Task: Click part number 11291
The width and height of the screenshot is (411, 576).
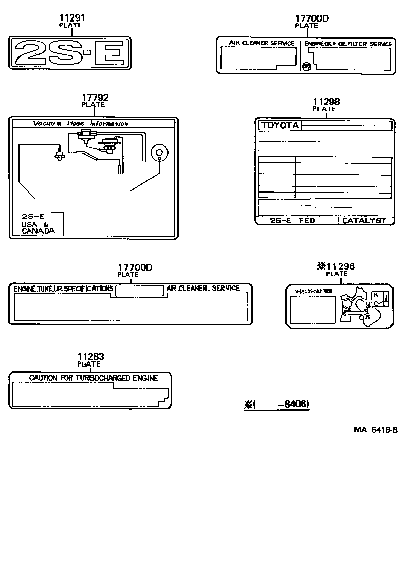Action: coord(71,18)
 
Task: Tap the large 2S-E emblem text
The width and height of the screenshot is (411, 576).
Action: coord(71,52)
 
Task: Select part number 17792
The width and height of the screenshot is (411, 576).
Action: coord(95,98)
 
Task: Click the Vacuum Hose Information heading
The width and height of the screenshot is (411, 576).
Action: coord(81,123)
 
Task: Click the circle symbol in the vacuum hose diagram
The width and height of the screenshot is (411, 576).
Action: coord(159,152)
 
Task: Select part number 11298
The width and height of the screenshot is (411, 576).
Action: coord(326,102)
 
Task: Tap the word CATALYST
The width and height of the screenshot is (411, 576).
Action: coord(364,221)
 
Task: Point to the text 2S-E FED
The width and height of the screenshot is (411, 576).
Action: coord(293,221)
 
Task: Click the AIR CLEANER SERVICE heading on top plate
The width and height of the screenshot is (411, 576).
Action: coord(261,44)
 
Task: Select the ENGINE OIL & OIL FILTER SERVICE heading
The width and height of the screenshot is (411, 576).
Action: coord(348,44)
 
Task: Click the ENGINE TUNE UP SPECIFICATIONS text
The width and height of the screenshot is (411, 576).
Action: coord(63,289)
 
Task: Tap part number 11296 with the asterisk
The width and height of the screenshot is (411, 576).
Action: coord(336,266)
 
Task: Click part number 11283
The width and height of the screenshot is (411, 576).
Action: coord(90,357)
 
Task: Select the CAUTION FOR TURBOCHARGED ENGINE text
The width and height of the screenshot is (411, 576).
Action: coord(94,378)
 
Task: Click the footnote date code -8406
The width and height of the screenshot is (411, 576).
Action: coord(293,405)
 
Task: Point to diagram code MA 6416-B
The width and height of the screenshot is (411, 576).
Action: coord(375,430)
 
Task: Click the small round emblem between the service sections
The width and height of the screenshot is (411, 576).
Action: coord(306,66)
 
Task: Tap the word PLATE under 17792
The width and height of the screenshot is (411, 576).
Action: coord(94,105)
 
